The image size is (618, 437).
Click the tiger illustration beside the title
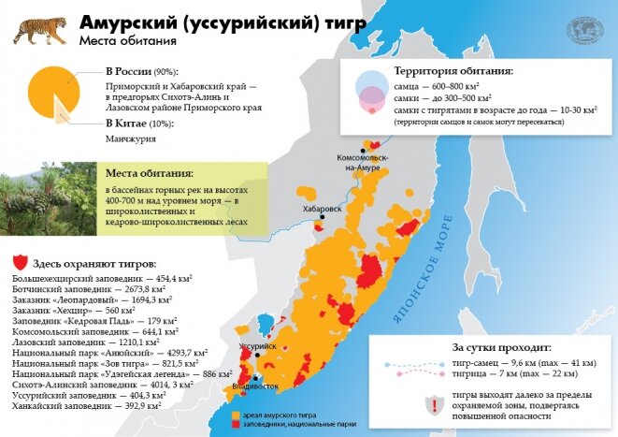(38, 29)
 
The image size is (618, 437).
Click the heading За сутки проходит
(496, 345)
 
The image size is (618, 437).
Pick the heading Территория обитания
(453, 72)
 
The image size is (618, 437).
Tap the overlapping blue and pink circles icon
(372, 92)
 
